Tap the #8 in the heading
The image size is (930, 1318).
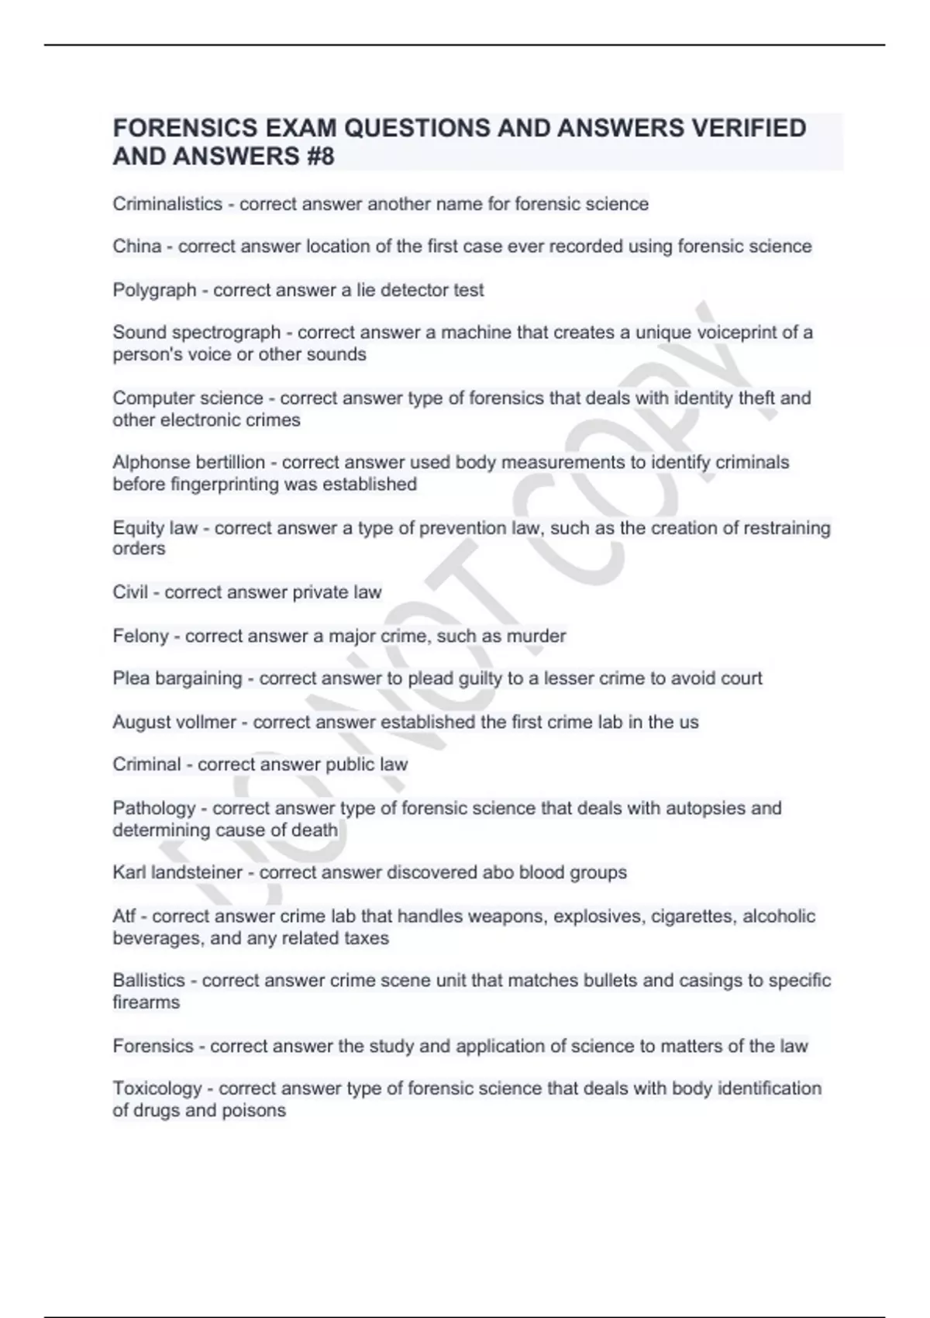pyautogui.click(x=317, y=157)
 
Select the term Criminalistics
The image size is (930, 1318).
pyautogui.click(x=167, y=204)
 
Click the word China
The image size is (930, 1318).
pyautogui.click(x=136, y=247)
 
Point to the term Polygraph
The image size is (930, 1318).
pyautogui.click(x=154, y=291)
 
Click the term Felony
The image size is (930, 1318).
pyautogui.click(x=140, y=637)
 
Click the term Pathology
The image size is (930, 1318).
pyautogui.click(x=153, y=809)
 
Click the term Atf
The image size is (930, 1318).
pyautogui.click(x=124, y=916)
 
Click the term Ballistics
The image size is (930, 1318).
pyautogui.click(x=149, y=981)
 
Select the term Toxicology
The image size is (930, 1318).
pyautogui.click(x=157, y=1089)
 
